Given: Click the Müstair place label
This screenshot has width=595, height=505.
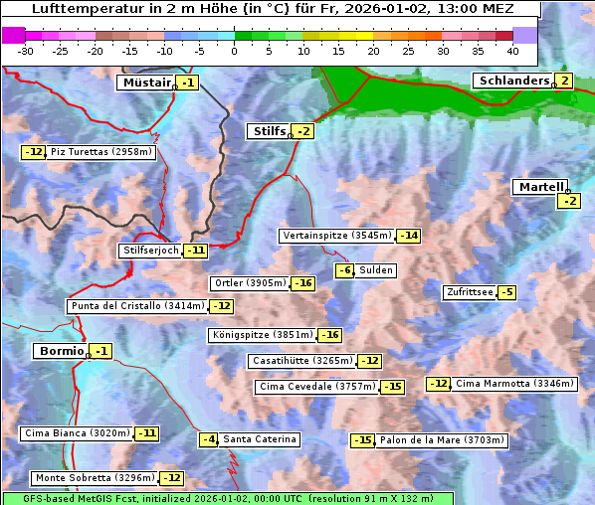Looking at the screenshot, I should coord(145,84).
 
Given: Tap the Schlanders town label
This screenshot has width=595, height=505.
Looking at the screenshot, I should coord(512,81).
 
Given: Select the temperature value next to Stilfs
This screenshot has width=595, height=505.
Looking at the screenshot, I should coord(303,131).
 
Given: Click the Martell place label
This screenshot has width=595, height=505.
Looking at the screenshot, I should coord(539,187).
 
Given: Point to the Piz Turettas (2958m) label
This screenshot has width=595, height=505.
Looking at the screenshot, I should coord(100,152).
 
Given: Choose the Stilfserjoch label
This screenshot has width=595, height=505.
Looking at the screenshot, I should coord(150,251).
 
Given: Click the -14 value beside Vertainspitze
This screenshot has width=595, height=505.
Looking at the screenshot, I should coord(408,236).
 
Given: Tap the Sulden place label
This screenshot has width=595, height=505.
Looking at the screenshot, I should coord(376,270).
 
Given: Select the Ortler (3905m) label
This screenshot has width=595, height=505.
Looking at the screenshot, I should coord(250,283).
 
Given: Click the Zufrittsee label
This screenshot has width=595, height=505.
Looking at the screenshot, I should coord(469,292).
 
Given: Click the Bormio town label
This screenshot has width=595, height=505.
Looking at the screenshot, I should coord(60,351).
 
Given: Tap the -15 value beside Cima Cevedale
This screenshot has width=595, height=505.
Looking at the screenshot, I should coord(393,387).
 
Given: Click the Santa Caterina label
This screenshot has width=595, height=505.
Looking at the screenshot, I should coord(259,439).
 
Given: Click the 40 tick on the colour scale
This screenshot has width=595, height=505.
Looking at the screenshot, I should coord(512,50).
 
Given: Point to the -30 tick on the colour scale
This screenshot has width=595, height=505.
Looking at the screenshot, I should coord(26,50).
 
